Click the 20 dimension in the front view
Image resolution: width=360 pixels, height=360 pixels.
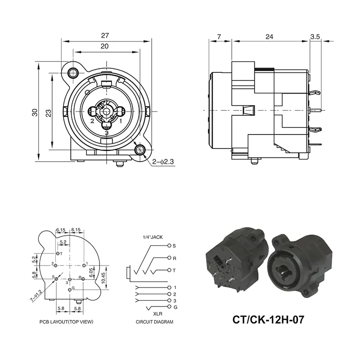tap(104, 46)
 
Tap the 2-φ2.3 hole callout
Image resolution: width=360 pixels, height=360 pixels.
tap(162, 161)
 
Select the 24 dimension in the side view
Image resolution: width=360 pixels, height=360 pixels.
tap(270, 37)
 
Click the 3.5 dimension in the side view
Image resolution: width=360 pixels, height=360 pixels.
tap(315, 37)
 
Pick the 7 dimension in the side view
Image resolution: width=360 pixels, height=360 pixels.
tap(219, 37)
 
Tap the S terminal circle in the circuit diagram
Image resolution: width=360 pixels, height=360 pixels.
tap(169, 246)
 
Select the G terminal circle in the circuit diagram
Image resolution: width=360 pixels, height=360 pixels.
tap(169, 306)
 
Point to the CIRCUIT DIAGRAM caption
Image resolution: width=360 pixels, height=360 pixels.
tap(154, 322)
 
